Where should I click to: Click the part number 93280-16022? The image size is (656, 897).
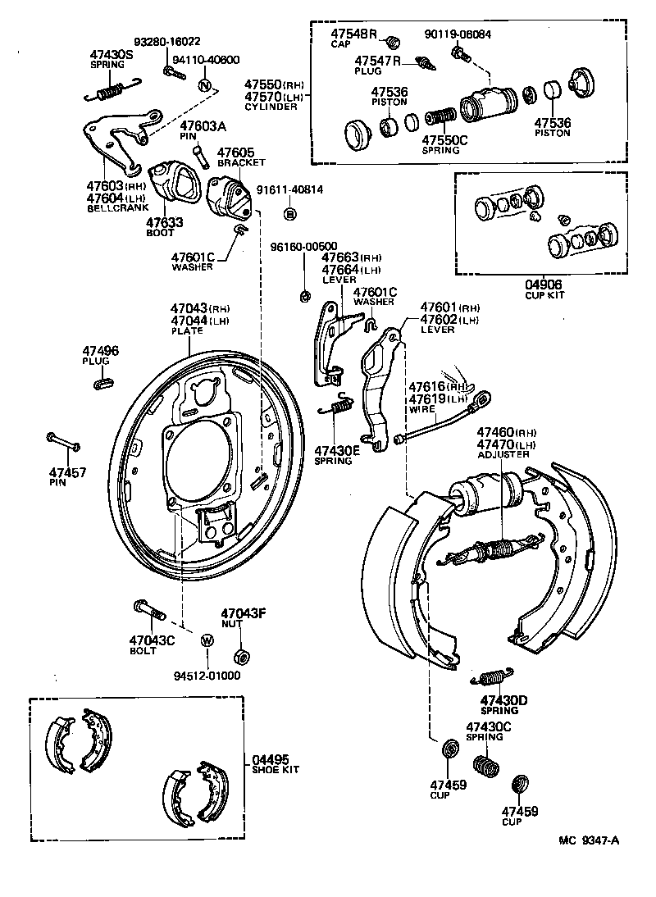167,42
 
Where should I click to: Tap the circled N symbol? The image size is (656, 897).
206,85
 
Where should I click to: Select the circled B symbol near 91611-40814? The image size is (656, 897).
289,214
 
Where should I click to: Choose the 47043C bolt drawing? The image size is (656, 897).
149,611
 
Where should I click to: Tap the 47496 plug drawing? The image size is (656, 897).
104,383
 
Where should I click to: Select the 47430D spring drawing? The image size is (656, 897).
491,676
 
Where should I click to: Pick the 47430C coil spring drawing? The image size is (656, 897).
490,769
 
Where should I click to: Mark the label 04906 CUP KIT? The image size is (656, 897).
544,289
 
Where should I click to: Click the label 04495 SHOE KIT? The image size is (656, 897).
275,764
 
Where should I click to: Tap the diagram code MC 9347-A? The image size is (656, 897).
589,840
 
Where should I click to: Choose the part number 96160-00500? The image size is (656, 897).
303,246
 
